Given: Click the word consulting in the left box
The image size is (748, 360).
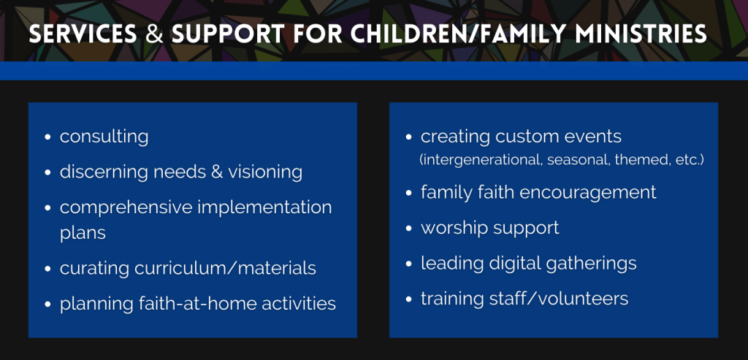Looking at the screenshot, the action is (104, 137).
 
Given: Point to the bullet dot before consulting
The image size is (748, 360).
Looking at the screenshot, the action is (47, 138).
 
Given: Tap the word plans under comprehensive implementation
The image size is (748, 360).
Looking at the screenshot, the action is (83, 233).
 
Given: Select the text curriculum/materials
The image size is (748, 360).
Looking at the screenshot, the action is (225, 268).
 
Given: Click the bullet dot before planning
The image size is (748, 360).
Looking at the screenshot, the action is (47, 305).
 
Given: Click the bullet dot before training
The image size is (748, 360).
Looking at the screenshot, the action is (409, 299).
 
